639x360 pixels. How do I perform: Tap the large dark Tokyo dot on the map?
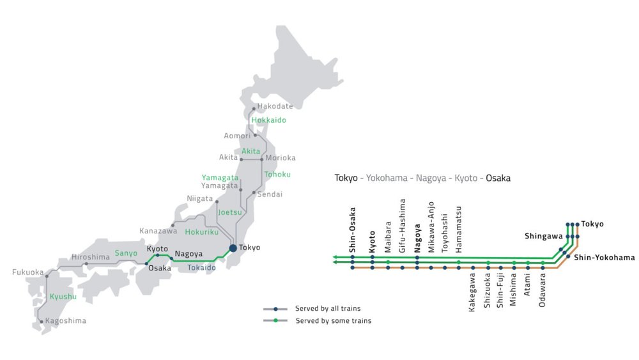click(x=233, y=248)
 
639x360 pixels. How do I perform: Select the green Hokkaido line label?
click(x=268, y=120)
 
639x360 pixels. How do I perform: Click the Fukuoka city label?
click(x=29, y=272)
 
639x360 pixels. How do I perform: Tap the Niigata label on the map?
click(x=200, y=198)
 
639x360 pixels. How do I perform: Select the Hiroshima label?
click(x=91, y=257)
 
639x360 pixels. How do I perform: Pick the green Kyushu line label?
click(x=63, y=297)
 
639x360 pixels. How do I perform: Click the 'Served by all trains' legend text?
click(x=328, y=309)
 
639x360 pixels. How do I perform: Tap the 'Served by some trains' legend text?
click(x=333, y=321)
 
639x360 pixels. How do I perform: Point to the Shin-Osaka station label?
click(x=352, y=229)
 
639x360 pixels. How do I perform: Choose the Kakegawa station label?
click(x=472, y=293)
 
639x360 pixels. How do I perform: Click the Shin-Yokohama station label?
click(x=604, y=258)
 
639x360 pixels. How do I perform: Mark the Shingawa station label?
click(x=543, y=235)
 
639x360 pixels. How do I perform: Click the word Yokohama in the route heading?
click(x=387, y=178)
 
